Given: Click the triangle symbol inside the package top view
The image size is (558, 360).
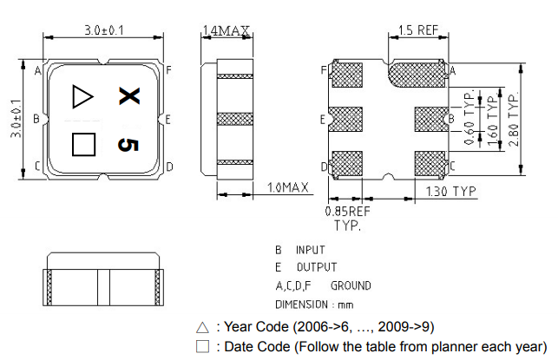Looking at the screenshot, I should click(82, 95).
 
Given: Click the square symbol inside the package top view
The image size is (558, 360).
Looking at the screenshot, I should click(82, 143).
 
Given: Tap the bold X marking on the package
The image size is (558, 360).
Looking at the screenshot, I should click(128, 95).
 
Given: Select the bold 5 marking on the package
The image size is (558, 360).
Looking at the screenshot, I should click(127, 143).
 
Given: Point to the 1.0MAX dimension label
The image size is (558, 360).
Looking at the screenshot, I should click(288, 187).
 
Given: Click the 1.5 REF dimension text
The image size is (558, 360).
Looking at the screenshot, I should click(418, 30).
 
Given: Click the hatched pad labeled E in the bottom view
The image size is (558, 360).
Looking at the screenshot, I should click(347, 118).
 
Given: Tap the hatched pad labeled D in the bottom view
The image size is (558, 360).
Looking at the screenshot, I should click(347, 163).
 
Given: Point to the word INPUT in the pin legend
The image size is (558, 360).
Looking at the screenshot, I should click(310, 249).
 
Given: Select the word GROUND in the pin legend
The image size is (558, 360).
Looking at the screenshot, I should click(351, 285).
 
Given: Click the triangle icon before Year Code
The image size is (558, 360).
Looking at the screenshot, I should click(202, 328).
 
